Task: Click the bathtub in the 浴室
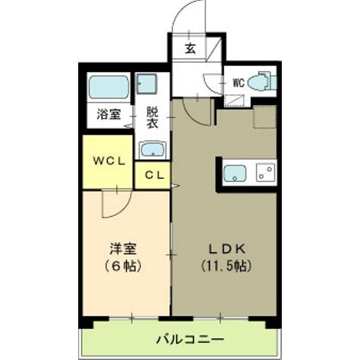pyautogui.click(x=109, y=87)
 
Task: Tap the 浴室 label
pyautogui.click(x=108, y=114)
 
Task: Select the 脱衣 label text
pyautogui.click(x=152, y=118)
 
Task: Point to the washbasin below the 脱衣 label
pyautogui.click(x=152, y=150)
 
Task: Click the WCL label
pyautogui.click(x=108, y=160)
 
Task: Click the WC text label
pyautogui.click(x=238, y=83)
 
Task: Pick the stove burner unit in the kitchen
pyautogui.click(x=265, y=173)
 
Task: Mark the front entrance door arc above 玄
pyautogui.click(x=188, y=17)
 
